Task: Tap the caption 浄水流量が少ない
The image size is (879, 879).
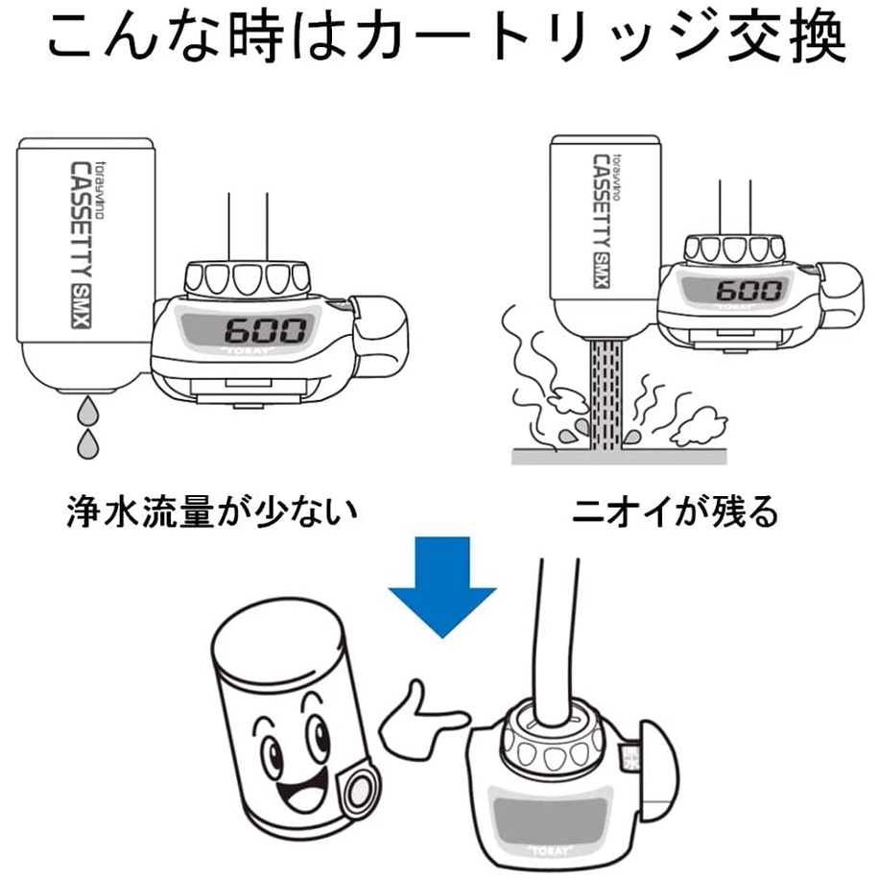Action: (212, 511)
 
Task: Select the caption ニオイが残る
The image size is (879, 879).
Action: (675, 511)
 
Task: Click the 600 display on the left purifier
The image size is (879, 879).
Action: (266, 331)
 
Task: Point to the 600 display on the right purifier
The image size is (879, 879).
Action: (748, 291)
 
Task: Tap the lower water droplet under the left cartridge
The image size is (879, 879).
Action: (87, 444)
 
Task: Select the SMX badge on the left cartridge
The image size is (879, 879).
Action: (82, 306)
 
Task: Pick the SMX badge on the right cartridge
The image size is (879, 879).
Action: (601, 271)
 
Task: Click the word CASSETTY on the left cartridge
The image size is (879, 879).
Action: (82, 221)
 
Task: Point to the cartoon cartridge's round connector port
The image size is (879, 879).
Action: (359, 790)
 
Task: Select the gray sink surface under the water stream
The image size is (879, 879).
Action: (620, 457)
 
